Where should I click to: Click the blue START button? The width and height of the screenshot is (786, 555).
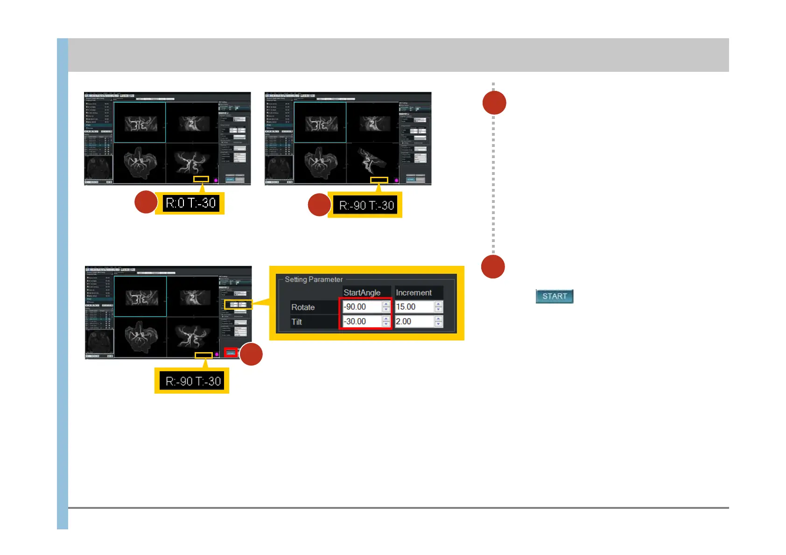554,296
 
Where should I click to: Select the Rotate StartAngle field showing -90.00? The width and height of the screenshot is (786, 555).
362,307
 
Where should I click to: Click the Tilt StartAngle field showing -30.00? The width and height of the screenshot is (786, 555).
362,321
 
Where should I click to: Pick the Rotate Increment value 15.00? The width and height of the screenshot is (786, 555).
414,307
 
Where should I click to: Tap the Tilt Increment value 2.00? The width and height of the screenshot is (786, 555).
414,321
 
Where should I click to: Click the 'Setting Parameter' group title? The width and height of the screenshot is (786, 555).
314,279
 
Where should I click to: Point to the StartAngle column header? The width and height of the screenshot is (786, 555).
362,292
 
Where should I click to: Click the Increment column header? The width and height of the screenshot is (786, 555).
414,292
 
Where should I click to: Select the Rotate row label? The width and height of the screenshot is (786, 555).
303,307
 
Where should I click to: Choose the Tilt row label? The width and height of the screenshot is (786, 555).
297,322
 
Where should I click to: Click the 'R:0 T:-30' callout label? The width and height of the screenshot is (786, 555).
190,203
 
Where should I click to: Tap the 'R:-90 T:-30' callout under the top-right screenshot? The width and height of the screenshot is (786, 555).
366,205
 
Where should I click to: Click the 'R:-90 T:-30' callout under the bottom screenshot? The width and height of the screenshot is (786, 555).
193,381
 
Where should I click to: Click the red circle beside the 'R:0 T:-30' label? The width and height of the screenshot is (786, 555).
146,202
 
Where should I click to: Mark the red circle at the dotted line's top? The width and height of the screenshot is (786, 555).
494,103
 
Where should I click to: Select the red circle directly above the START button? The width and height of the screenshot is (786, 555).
493,267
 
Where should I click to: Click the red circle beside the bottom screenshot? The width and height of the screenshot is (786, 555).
251,354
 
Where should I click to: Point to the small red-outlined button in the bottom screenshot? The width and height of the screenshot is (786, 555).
231,353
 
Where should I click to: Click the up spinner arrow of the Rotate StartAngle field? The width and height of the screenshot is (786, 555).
386,304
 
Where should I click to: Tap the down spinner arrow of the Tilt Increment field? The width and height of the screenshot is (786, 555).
438,324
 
